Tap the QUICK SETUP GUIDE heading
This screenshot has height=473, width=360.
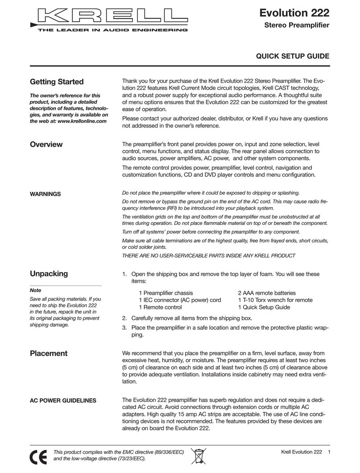pyautogui.click(x=292, y=56)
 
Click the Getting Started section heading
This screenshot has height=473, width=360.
pyautogui.click(x=56, y=82)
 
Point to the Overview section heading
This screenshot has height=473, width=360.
pyautogui.click(x=46, y=144)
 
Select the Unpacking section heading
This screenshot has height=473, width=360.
pyautogui.click(x=49, y=273)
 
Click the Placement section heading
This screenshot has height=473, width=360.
pyautogui.click(x=49, y=353)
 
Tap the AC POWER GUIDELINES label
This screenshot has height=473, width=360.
pyautogui.click(x=62, y=400)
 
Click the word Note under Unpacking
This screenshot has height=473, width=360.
pyautogui.click(x=35, y=290)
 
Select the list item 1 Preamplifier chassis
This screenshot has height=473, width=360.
pyautogui.click(x=166, y=293)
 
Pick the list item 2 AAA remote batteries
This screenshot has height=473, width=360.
pyautogui.click(x=266, y=293)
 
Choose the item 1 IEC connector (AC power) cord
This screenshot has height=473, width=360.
pyautogui.click(x=180, y=300)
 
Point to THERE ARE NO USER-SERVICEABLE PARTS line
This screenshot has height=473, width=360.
pyautogui.click(x=209, y=255)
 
